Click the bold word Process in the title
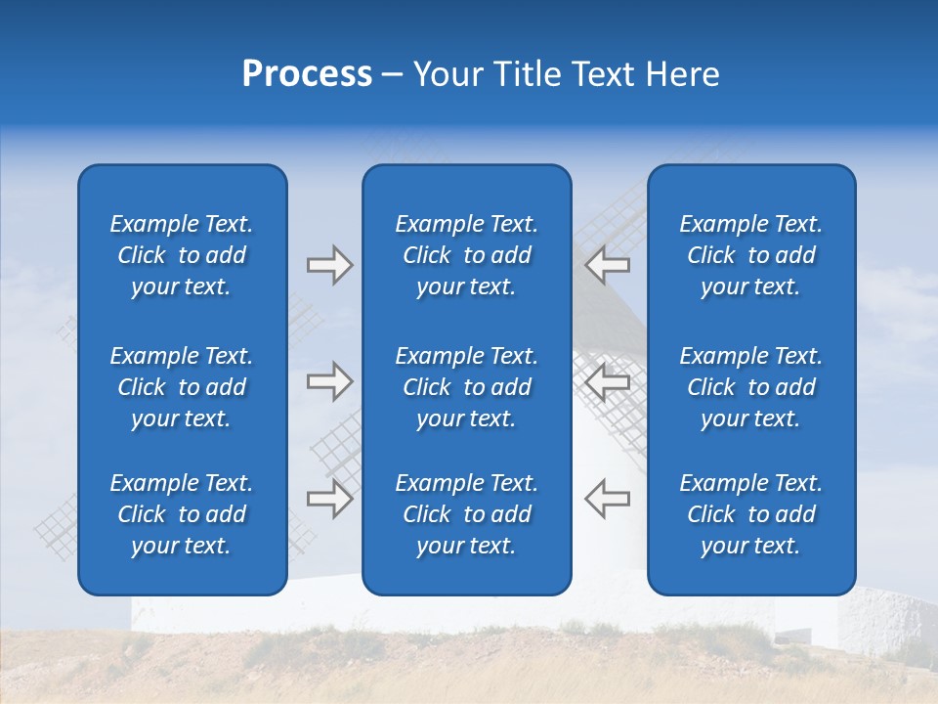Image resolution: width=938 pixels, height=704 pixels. (x=307, y=74)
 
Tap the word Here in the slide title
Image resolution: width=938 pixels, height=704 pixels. (x=682, y=74)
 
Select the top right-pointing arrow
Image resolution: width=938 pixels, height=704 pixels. (x=329, y=265)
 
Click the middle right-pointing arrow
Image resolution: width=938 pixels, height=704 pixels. (x=329, y=381)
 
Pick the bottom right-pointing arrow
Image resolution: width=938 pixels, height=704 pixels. (x=329, y=499)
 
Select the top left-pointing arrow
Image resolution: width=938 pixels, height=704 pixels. (x=607, y=265)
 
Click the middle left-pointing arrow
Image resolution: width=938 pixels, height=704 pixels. (x=607, y=381)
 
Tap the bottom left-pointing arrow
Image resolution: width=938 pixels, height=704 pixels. (x=607, y=499)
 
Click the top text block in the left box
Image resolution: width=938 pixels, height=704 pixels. (x=182, y=255)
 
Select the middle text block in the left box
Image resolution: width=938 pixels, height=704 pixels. (x=182, y=387)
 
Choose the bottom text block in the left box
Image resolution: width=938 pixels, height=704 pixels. (x=182, y=514)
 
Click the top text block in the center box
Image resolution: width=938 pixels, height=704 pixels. (x=466, y=255)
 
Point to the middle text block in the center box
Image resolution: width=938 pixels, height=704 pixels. (x=466, y=387)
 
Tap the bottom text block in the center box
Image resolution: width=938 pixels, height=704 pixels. (x=466, y=514)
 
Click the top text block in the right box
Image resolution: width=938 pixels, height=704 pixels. (x=750, y=255)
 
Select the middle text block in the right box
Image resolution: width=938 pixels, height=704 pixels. (x=750, y=387)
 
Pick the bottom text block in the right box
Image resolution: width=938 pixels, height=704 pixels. (x=750, y=514)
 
